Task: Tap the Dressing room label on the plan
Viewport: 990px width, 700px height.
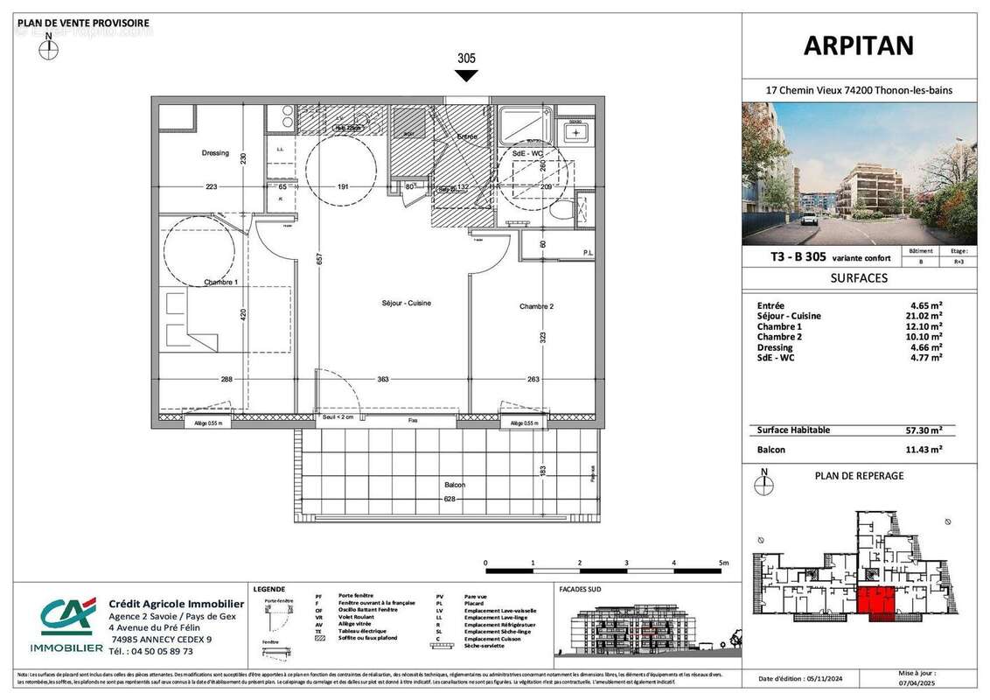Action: pos(215,153)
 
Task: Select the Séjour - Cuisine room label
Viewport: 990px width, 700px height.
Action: pos(406,303)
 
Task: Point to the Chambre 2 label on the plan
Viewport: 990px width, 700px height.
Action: pos(537,306)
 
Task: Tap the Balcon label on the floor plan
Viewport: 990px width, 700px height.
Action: pos(454,485)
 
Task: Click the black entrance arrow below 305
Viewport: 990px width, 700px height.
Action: pos(467,76)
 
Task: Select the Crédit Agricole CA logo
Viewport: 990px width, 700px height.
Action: pos(66,616)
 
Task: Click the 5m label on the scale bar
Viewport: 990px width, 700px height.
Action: pos(722,563)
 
